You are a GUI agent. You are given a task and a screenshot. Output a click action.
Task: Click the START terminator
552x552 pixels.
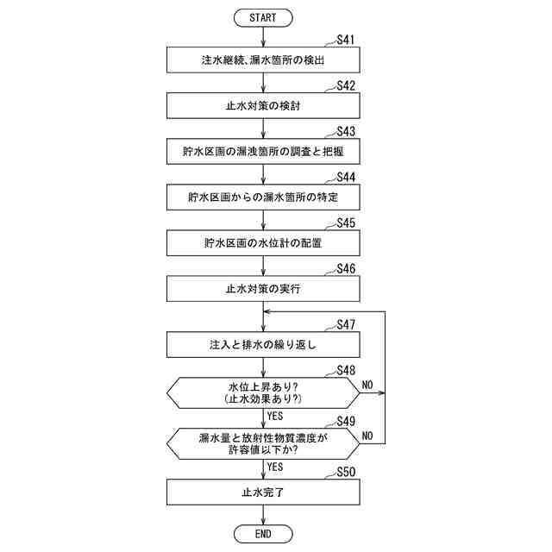pyautogui.click(x=263, y=17)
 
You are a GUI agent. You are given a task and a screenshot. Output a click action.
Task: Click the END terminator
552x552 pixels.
pyautogui.click(x=263, y=535)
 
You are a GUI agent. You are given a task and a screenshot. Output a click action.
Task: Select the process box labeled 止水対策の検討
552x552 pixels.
pyautogui.click(x=263, y=106)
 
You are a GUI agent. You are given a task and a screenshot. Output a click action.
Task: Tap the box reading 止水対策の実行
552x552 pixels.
pyautogui.click(x=263, y=289)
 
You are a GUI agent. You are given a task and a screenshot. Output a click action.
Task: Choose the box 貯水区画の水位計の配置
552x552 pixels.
pyautogui.click(x=263, y=243)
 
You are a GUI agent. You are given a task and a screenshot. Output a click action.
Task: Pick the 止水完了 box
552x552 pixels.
pyautogui.click(x=263, y=493)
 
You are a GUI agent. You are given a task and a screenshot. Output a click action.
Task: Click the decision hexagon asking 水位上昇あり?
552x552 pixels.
pyautogui.click(x=263, y=392)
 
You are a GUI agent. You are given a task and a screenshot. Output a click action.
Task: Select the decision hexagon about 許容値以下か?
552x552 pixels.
pyautogui.click(x=263, y=444)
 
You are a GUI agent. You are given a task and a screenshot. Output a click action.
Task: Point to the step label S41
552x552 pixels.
pyautogui.click(x=347, y=40)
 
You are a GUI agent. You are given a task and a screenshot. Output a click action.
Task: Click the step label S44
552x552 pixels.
pyautogui.click(x=347, y=177)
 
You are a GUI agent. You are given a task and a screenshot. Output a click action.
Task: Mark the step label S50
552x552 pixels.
pyautogui.click(x=347, y=473)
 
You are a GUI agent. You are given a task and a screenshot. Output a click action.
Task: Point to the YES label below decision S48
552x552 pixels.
pyautogui.click(x=276, y=416)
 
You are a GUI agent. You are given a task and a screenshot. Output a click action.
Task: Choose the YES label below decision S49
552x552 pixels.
pyautogui.click(x=276, y=467)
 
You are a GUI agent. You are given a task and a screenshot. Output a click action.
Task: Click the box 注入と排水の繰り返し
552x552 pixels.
pyautogui.click(x=263, y=344)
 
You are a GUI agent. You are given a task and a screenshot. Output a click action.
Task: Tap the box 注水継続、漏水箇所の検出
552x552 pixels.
pyautogui.click(x=263, y=60)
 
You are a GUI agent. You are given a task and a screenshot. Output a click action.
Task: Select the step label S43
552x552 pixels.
pyautogui.click(x=347, y=131)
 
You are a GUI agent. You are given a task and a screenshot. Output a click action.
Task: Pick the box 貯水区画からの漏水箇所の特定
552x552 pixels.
pyautogui.click(x=263, y=198)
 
